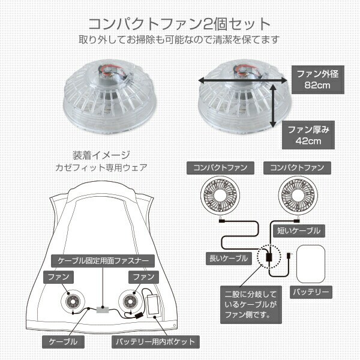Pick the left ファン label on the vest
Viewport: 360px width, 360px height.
coord(59,278)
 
